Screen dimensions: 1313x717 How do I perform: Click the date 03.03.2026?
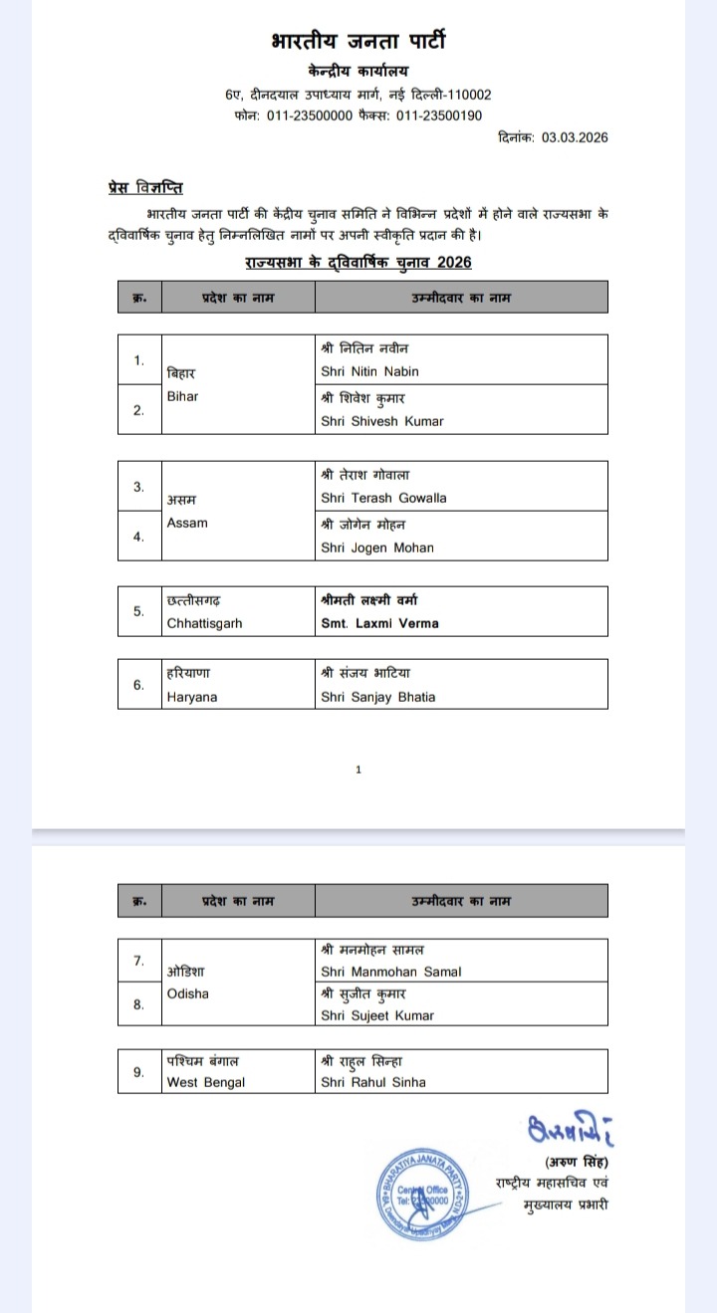coord(575,137)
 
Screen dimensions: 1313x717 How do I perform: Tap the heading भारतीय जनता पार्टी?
coord(358,41)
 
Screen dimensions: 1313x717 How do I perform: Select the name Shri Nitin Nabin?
coord(369,371)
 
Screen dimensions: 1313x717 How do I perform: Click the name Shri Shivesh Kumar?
coord(382,421)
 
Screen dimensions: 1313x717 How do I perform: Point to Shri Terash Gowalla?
coord(383,498)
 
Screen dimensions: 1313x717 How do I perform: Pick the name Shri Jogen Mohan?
coord(377,547)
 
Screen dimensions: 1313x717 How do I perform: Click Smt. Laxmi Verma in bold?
coord(379,623)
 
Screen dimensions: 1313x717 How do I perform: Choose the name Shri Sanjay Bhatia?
coord(378,697)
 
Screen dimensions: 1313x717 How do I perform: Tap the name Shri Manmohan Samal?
coord(391,972)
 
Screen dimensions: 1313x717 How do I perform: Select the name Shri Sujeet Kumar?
coord(377,1015)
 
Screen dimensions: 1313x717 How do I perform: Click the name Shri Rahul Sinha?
coord(373,1082)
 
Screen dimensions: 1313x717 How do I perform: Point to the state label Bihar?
coord(182,396)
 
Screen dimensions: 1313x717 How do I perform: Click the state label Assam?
coord(187,523)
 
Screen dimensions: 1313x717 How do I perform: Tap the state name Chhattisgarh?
coord(204,623)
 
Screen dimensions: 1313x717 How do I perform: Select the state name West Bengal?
coord(205,1082)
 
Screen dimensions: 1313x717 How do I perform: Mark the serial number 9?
coord(138,1072)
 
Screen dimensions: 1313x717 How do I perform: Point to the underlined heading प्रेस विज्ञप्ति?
coord(144,188)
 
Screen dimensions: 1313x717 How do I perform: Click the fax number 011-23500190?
coord(439,115)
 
